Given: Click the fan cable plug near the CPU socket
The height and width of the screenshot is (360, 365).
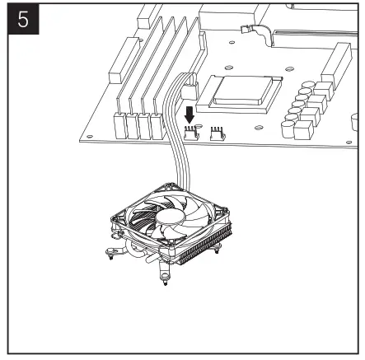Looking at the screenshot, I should [x=190, y=82].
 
